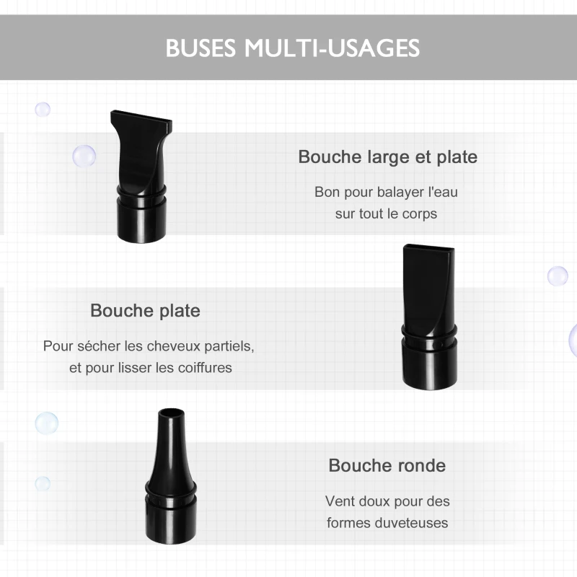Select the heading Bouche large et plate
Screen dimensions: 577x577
pos(387,157)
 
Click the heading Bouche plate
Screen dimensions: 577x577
pos(145,311)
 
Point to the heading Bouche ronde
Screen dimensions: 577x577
pos(387,465)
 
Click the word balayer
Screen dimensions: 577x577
pos(397,193)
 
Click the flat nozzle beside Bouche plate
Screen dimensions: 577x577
pos(430,317)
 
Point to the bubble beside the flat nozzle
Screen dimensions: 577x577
pos(557,276)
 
